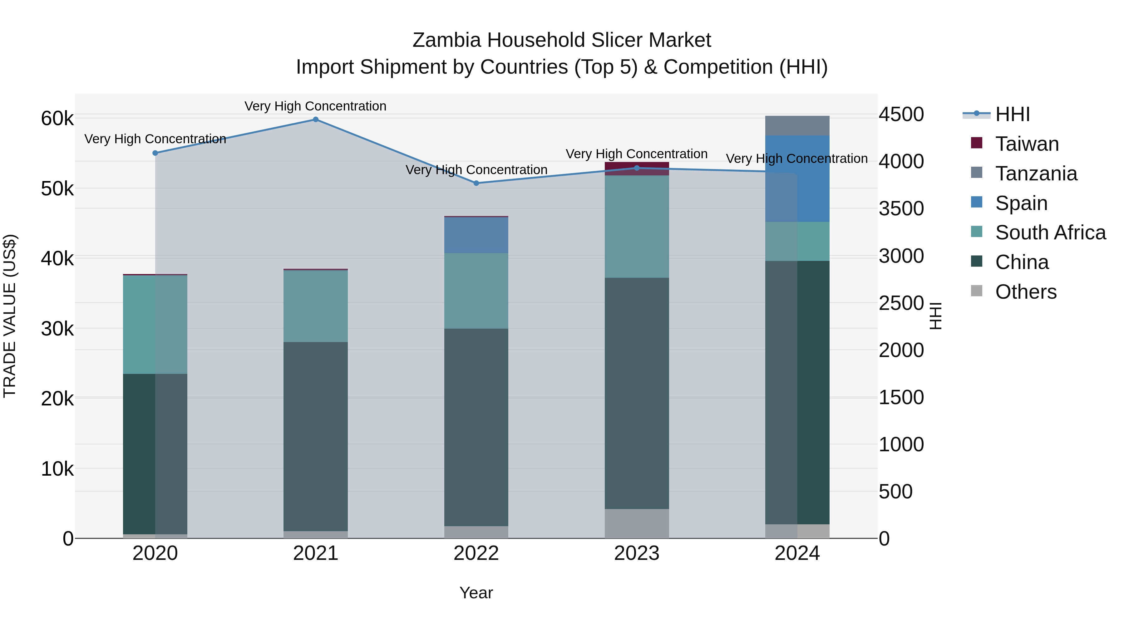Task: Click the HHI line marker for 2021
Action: tap(315, 120)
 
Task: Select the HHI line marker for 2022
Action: tap(476, 183)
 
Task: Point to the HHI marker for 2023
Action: tap(637, 168)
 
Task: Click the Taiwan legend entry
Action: tap(1027, 144)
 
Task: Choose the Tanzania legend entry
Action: tap(1036, 174)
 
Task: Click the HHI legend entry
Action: tap(1012, 114)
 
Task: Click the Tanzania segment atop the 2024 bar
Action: tap(797, 125)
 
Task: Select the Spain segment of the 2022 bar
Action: tap(476, 235)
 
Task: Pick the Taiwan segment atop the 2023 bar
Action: tap(637, 168)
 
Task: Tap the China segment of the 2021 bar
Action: tap(315, 436)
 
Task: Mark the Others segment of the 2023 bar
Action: tap(637, 523)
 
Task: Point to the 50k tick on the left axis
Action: tap(57, 189)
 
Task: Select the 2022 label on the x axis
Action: tap(476, 553)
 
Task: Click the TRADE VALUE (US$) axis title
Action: tap(10, 316)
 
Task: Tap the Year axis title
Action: tap(476, 593)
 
